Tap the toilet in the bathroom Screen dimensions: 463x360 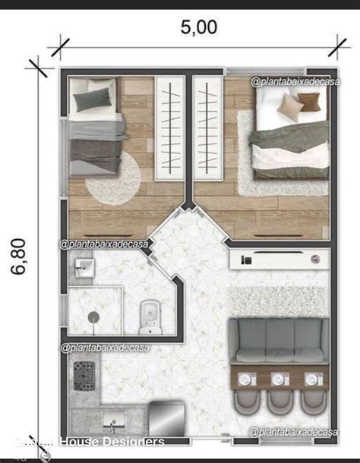[149, 315]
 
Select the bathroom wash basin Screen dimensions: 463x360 [82, 267]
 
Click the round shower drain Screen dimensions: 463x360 [93, 318]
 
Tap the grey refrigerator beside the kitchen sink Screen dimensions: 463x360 [166, 418]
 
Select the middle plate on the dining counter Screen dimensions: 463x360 [278, 377]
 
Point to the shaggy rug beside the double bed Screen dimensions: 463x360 [247, 152]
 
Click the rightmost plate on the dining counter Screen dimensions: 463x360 [312, 377]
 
